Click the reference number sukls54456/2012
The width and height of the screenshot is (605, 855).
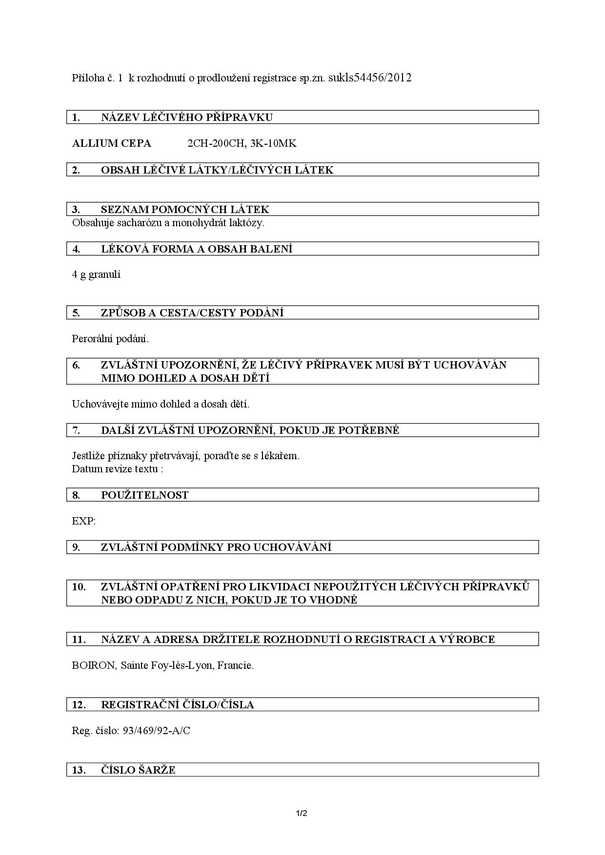point(370,78)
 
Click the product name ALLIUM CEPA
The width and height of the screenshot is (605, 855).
point(111,143)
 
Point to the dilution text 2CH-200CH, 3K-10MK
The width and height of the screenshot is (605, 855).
point(242,143)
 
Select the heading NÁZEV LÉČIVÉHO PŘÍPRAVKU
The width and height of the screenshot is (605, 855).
point(186,117)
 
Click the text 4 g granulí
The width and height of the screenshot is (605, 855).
point(96,274)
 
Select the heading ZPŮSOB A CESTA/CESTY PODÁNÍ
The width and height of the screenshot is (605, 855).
point(192,313)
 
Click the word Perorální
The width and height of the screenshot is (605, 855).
point(92,338)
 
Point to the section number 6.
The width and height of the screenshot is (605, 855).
point(76,365)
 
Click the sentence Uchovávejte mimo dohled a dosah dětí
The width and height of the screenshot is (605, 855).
point(161,404)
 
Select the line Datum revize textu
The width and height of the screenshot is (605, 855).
point(117,469)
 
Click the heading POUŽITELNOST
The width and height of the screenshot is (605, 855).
point(144,495)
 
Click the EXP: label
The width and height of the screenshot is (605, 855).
point(84,521)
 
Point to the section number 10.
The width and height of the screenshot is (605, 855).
point(79,587)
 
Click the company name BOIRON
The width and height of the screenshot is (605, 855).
point(93,665)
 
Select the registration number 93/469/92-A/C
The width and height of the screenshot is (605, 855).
point(156,731)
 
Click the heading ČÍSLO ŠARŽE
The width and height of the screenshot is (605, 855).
point(138,770)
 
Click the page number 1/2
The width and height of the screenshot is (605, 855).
point(302,813)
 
